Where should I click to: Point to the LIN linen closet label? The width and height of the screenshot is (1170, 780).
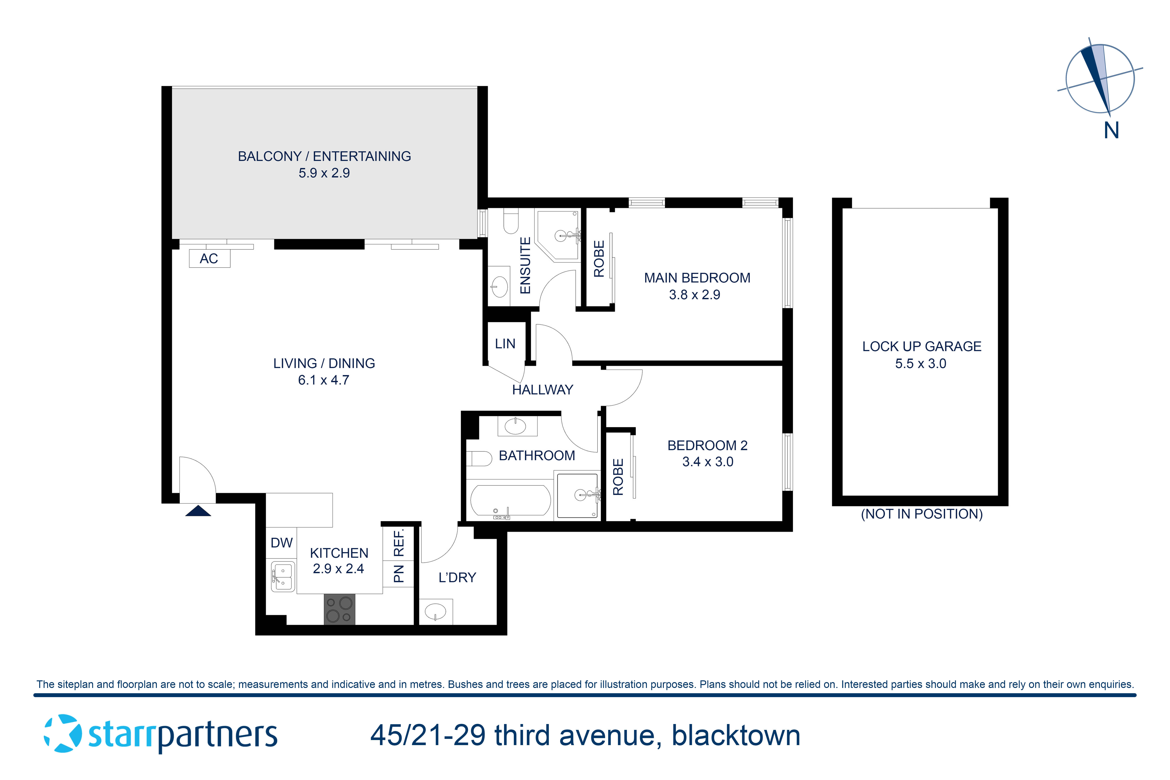pyautogui.click(x=505, y=344)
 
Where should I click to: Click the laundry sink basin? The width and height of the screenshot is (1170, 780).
pyautogui.click(x=436, y=611)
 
